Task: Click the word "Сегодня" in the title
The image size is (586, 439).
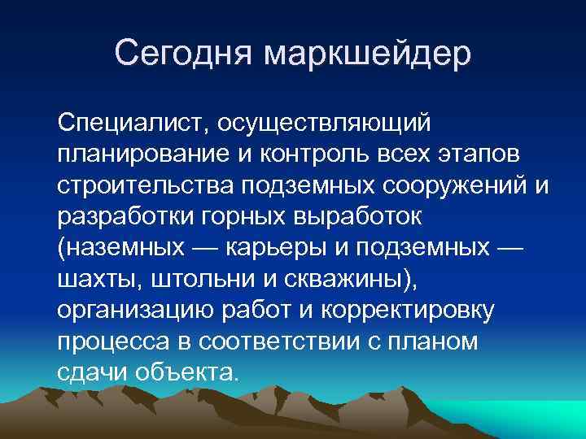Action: coord(186,53)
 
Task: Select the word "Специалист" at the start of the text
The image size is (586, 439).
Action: coord(129,124)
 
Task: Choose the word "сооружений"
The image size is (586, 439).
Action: coord(457,185)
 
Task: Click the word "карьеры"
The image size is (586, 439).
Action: coord(282,247)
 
